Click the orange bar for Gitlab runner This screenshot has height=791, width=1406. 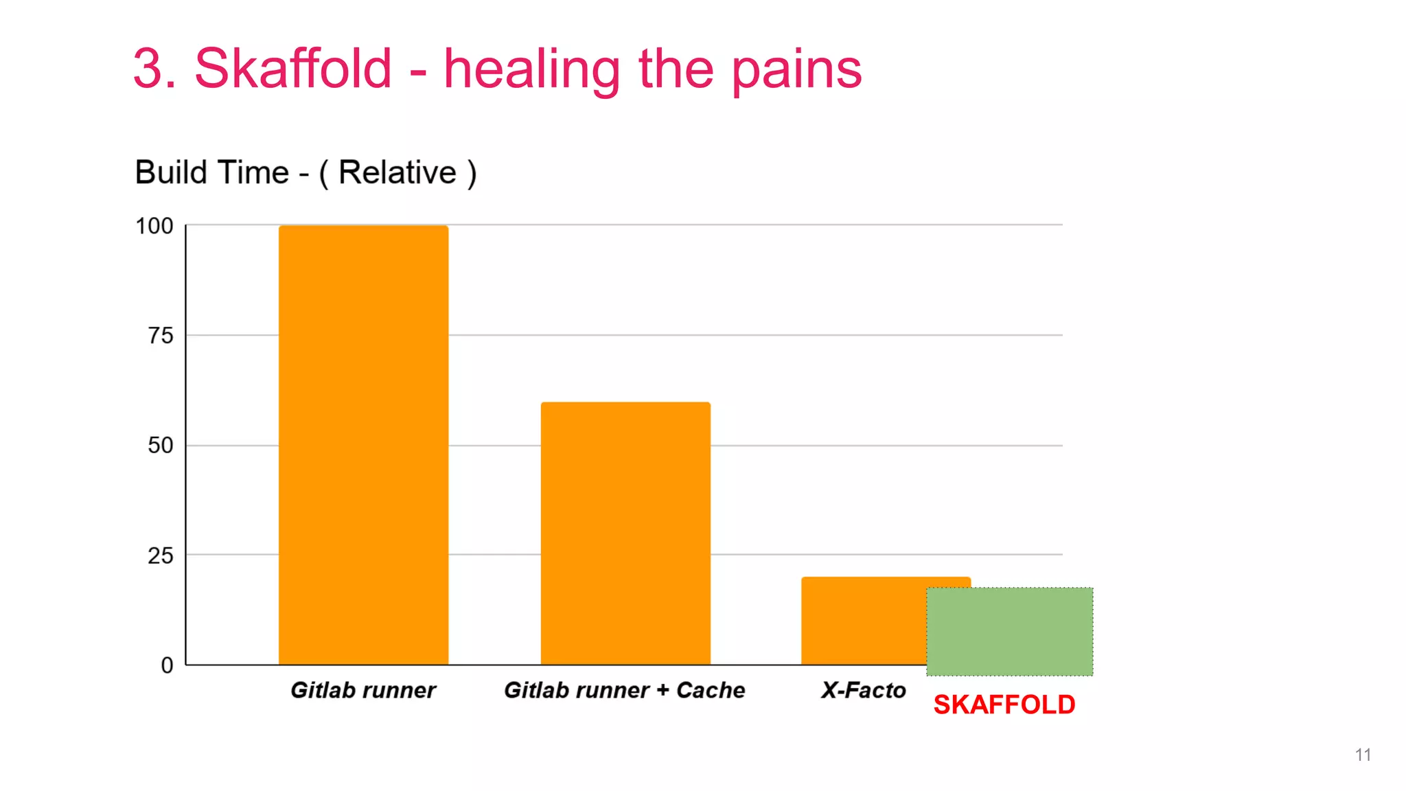point(363,445)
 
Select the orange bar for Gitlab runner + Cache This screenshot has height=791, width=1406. point(625,533)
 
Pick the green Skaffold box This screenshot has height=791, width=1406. point(1009,631)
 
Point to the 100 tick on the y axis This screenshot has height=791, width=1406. point(154,226)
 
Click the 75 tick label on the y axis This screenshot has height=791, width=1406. point(161,336)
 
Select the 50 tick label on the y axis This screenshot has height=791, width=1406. point(161,446)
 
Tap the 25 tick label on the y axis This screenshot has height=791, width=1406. point(161,555)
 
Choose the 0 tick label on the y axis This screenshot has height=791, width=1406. point(167,665)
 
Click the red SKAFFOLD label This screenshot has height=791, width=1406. point(1004,705)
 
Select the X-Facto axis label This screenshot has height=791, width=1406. point(864,690)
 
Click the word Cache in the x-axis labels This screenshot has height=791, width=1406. point(711,690)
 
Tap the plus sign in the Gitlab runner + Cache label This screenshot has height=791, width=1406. point(662,690)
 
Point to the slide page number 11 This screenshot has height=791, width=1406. point(1363,755)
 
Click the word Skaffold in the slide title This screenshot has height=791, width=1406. point(293,69)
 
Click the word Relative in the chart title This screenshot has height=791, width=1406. point(397,172)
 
